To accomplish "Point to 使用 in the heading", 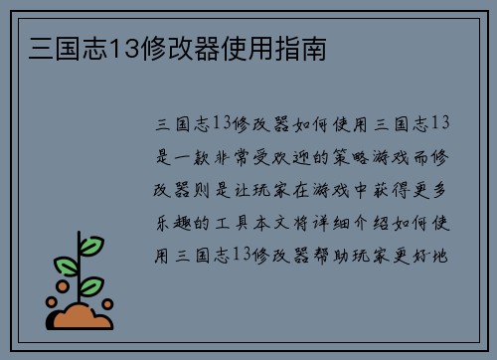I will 263,46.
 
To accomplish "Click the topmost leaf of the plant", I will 91,243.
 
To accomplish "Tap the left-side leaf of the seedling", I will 66,265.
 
